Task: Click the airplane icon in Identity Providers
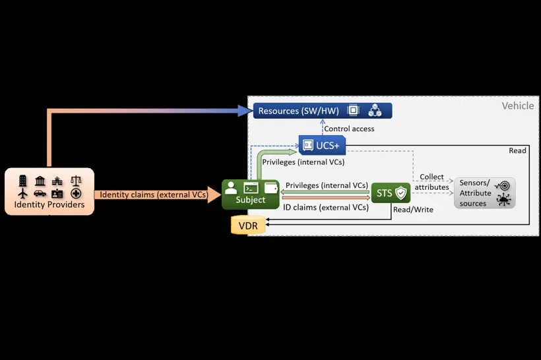tap(23, 193)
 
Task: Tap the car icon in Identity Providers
tap(40, 193)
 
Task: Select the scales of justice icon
tap(76, 180)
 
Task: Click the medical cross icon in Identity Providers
tap(76, 193)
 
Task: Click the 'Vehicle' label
tap(517, 105)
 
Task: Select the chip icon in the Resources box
tap(353, 110)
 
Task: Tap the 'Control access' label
tap(349, 129)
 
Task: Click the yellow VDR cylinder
tap(248, 225)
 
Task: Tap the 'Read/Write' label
tap(412, 210)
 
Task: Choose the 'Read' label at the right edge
tap(517, 150)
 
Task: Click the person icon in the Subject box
tap(231, 187)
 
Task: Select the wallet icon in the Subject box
tap(270, 187)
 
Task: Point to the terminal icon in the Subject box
tap(251, 187)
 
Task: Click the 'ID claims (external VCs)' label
tap(325, 207)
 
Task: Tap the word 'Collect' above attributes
tap(431, 177)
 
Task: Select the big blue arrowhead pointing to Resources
tap(245, 111)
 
